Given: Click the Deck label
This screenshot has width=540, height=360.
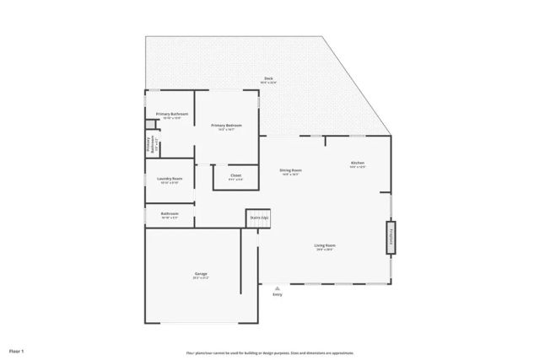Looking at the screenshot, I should pyautogui.click(x=267, y=78).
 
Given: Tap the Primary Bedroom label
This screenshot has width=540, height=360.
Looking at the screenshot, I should pyautogui.click(x=226, y=126).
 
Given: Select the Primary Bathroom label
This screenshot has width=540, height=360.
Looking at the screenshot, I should pyautogui.click(x=171, y=114).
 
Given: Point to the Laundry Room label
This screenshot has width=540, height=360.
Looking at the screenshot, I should pyautogui.click(x=170, y=178).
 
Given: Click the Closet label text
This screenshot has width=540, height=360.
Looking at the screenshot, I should pyautogui.click(x=235, y=175).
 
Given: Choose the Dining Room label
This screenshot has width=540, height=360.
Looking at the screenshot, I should pyautogui.click(x=291, y=170).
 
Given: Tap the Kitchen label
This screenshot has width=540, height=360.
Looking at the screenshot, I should pyautogui.click(x=358, y=163).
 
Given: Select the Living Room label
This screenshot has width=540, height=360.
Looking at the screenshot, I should pyautogui.click(x=325, y=245).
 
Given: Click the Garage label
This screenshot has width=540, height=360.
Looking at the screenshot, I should pyautogui.click(x=201, y=273).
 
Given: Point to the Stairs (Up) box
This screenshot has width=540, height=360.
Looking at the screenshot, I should pyautogui.click(x=258, y=218).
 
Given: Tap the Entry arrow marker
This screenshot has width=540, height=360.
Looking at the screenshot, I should pyautogui.click(x=277, y=287).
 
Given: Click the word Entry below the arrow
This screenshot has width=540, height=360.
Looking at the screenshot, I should pyautogui.click(x=278, y=294).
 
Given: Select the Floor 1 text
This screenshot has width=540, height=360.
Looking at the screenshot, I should pyautogui.click(x=17, y=350).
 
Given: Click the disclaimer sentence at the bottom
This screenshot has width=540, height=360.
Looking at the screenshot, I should pyautogui.click(x=270, y=353).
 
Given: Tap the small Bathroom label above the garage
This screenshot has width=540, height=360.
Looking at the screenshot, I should pyautogui.click(x=170, y=213).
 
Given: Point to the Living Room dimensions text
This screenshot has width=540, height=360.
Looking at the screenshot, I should pyautogui.click(x=325, y=250).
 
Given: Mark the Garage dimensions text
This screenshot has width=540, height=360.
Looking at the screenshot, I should pyautogui.click(x=201, y=277).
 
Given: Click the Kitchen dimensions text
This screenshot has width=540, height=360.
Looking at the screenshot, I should pyautogui.click(x=358, y=167).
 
